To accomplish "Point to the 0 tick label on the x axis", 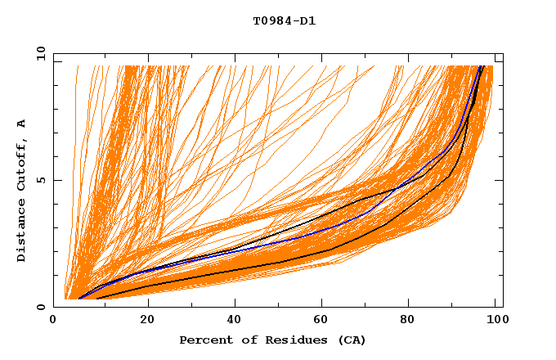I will pos(53,321).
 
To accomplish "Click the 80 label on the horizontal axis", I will pos(413,321).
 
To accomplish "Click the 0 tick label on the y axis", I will pos(42,307).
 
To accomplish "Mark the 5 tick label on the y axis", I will pos(42,180).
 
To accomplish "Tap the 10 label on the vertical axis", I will pos(38,53).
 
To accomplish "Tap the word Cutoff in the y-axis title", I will pos(22,168).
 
